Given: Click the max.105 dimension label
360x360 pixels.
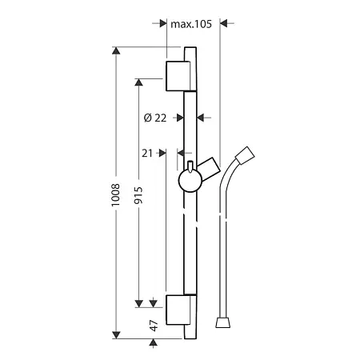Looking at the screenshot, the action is point(191,24).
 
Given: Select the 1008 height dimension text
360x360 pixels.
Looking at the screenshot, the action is point(115,194).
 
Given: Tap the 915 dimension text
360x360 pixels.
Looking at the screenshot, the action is point(138,195).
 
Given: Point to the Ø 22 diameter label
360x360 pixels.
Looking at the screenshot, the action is point(155,118).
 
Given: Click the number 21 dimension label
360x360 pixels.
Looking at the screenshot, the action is point(147,154).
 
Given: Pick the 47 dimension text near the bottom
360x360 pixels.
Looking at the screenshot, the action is point(154,326).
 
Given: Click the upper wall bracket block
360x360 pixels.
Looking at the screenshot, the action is point(178,76).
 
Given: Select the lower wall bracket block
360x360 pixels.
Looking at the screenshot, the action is point(178,310).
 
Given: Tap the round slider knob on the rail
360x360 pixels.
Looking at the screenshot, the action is point(190,181).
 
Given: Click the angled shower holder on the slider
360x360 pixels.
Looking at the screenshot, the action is point(210,169).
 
